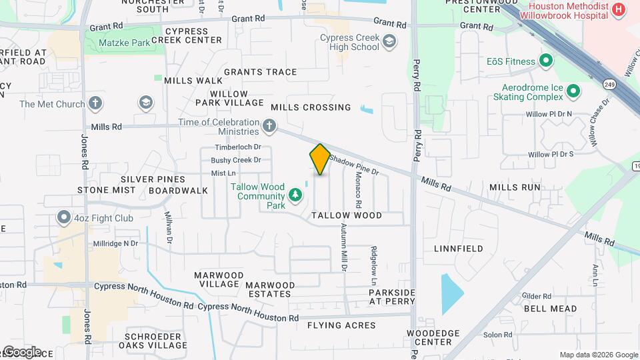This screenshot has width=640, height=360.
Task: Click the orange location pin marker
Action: (320, 159)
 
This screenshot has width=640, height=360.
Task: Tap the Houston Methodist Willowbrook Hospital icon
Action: (619, 9)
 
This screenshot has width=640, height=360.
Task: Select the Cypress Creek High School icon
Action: (389, 43)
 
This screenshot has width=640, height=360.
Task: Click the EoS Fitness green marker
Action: (546, 61)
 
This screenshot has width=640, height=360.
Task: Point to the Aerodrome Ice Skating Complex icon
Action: (573, 90)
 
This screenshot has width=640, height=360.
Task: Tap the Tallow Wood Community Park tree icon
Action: (295, 195)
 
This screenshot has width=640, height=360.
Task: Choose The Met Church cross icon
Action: (96, 103)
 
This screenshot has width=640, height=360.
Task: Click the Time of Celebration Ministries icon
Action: (269, 125)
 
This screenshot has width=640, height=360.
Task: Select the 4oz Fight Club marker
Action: (64, 217)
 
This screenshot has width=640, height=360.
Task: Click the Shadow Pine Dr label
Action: (354, 165)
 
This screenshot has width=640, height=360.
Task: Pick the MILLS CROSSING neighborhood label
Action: (311, 107)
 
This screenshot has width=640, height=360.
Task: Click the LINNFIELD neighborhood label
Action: (458, 249)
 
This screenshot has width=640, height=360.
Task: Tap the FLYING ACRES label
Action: (341, 325)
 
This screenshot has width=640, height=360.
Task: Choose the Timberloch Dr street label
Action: (237, 147)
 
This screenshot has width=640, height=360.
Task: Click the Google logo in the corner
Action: (21, 351)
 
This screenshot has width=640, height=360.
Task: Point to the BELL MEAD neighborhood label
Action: (550, 309)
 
